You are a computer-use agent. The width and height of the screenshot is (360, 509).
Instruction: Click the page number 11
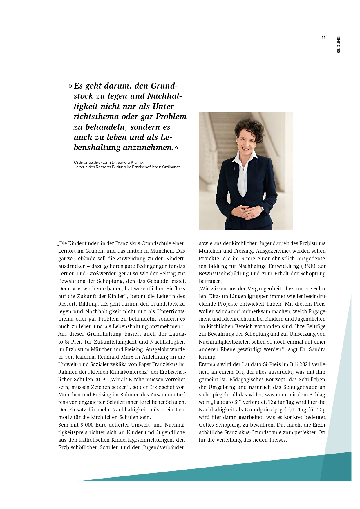click(x=323, y=38)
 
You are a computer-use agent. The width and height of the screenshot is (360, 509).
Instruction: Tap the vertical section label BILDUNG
click(x=339, y=45)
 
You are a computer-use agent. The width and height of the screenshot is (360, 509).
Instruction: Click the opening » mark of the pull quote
click(x=70, y=86)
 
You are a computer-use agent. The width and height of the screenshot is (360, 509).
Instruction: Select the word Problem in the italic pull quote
click(x=171, y=117)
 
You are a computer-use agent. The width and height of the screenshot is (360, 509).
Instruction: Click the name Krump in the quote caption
click(x=138, y=162)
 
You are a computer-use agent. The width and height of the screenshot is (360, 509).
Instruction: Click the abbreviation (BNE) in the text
click(x=308, y=266)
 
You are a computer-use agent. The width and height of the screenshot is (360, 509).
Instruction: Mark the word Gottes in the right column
click(x=206, y=425)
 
